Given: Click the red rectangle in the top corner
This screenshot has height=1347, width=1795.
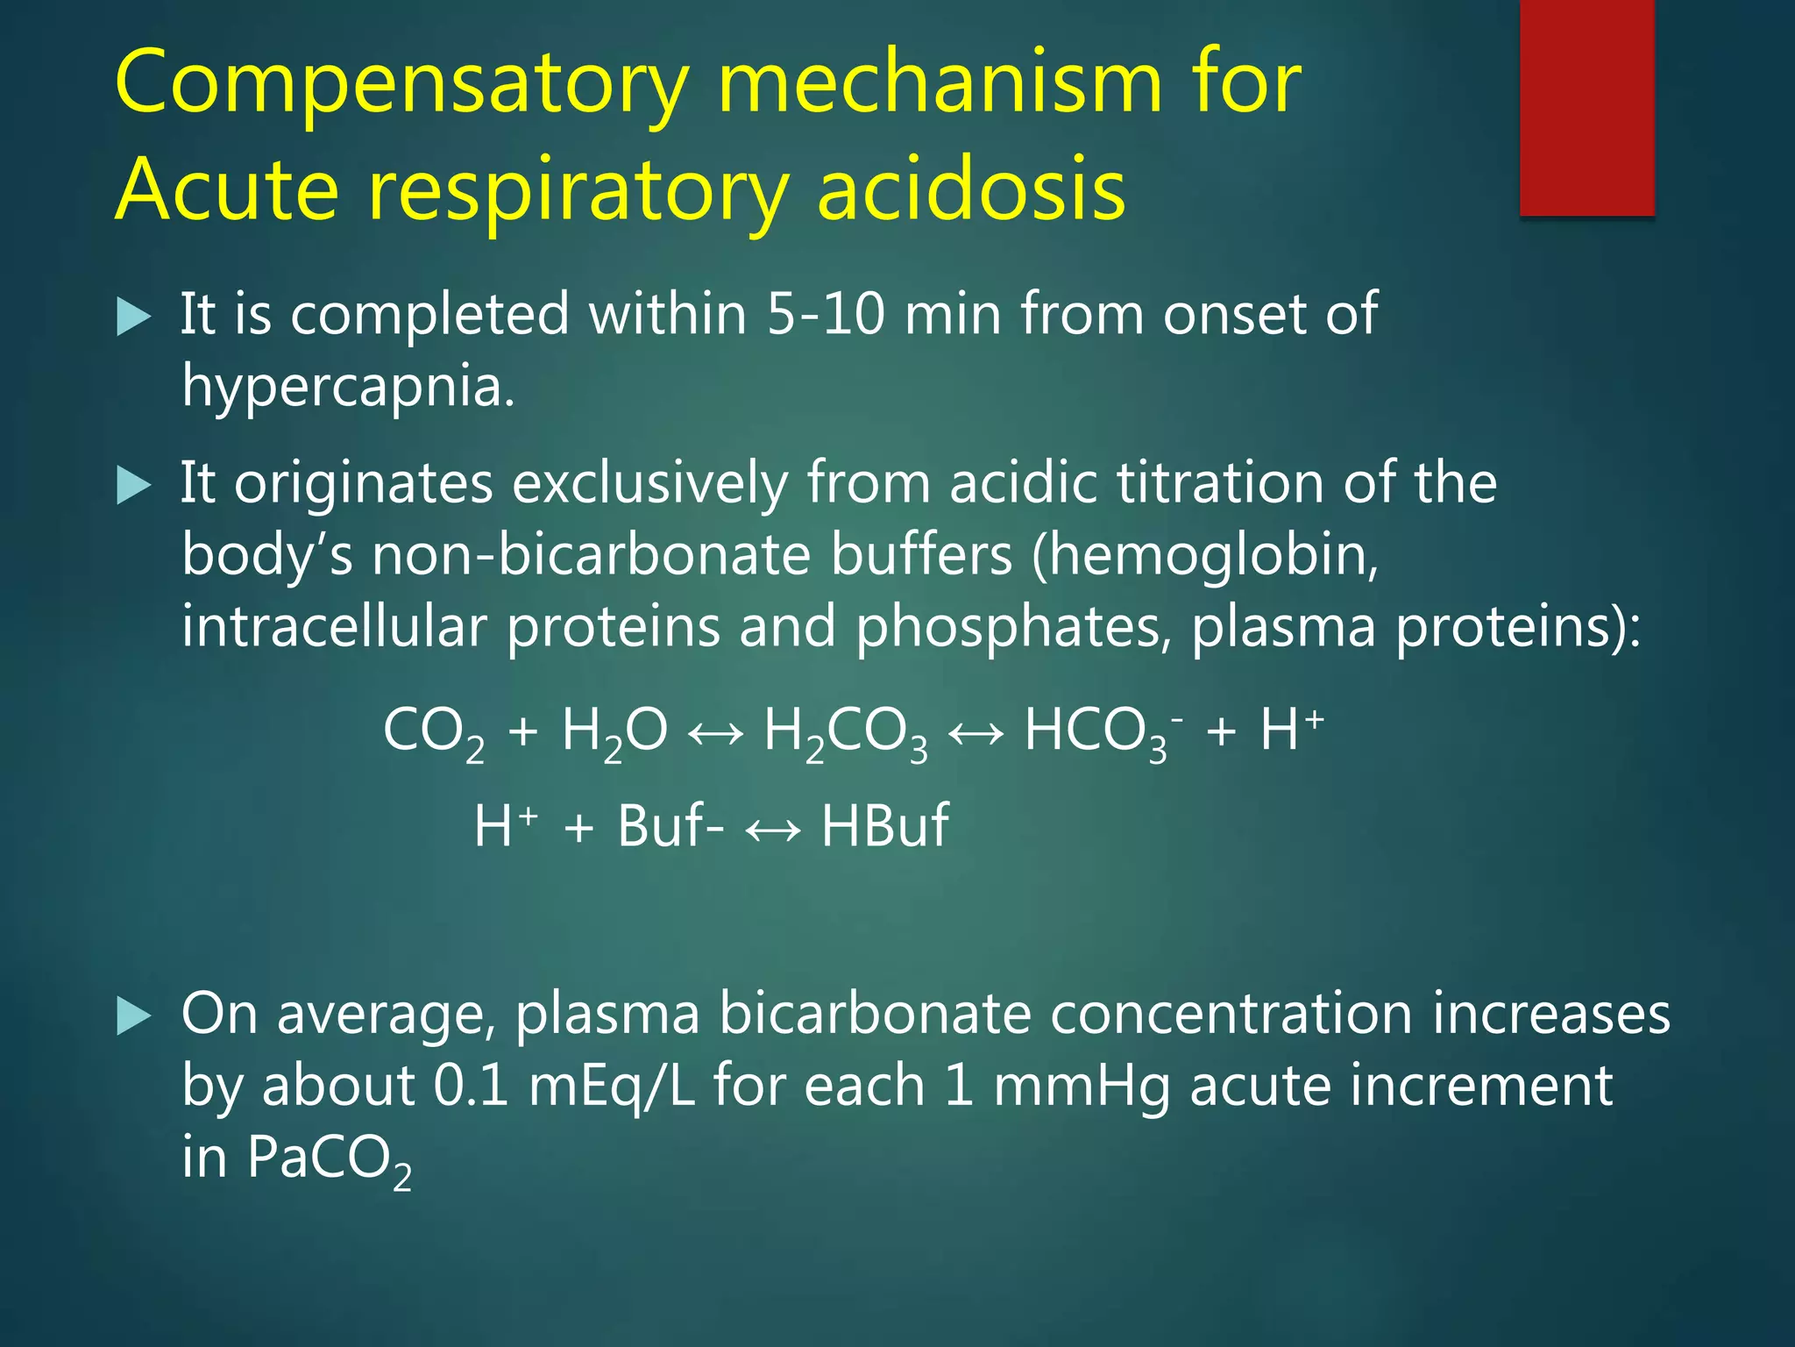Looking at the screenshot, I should point(1586,107).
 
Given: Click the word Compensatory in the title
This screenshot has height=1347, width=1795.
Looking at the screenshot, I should point(401,84).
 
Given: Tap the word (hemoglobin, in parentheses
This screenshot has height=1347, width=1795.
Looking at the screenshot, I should point(1205,555).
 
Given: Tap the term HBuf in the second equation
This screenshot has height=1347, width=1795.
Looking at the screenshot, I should point(884,826).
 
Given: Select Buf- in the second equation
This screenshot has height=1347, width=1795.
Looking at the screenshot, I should point(670,826).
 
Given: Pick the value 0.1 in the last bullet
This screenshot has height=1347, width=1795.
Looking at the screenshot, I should point(471,1086).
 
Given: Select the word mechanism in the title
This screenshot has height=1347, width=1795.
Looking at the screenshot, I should point(937,84).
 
